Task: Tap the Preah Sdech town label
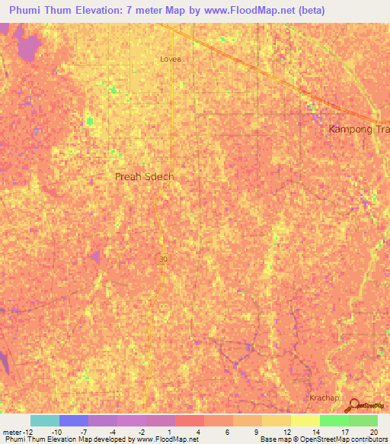click(x=144, y=177)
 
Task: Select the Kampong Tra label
click(x=359, y=129)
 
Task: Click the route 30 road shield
click(x=163, y=259)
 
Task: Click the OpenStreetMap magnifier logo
click(x=354, y=406)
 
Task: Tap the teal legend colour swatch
click(x=45, y=420)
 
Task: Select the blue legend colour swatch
click(x=74, y=420)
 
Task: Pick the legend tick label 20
click(x=372, y=432)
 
